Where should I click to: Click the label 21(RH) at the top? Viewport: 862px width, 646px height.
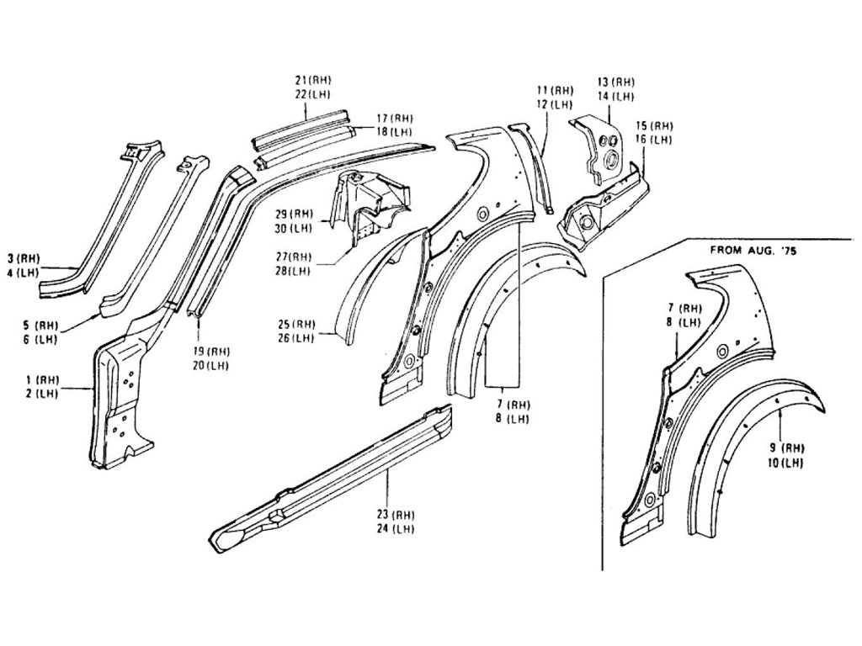coord(312,80)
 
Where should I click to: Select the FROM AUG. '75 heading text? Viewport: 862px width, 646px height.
coord(753,251)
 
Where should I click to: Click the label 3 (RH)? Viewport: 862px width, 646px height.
coord(23,258)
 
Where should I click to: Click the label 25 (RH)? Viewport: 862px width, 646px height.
coord(296,324)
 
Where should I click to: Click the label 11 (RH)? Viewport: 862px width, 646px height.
coord(555,90)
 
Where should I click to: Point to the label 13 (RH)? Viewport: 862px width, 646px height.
coord(615,82)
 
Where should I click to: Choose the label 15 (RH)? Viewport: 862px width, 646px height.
coord(654,125)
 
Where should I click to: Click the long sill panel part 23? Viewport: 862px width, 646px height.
coord(337,476)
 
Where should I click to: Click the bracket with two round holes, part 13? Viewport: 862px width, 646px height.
coord(601,148)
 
